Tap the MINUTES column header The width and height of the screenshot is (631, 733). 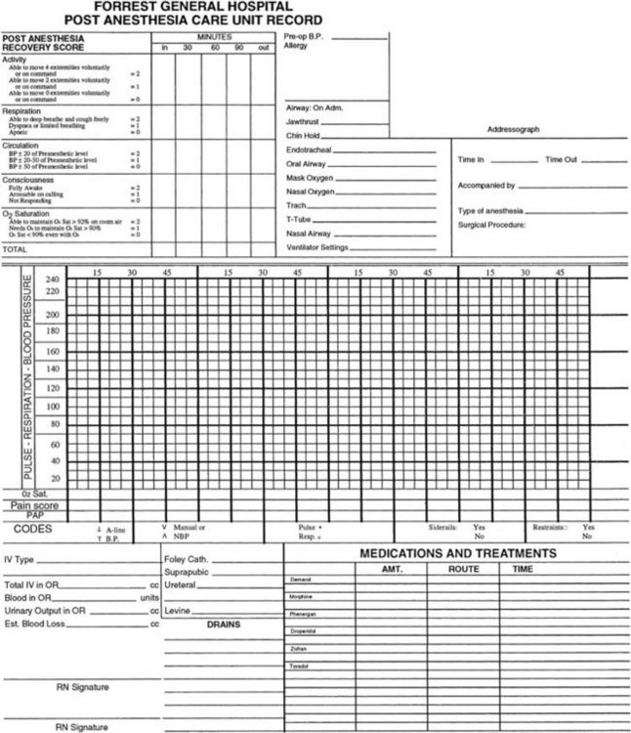click(x=213, y=36)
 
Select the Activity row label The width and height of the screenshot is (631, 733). click(x=15, y=59)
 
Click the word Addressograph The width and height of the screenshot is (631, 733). click(x=514, y=129)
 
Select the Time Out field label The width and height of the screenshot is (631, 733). click(x=561, y=158)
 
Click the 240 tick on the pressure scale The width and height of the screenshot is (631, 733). click(x=53, y=280)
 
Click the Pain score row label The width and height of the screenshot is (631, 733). click(x=34, y=505)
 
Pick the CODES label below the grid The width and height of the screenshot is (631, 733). click(x=33, y=529)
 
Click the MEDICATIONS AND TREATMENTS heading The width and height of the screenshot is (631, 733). click(x=458, y=553)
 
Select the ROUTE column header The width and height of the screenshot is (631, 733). click(x=462, y=568)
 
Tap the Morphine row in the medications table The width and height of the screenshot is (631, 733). click(x=302, y=595)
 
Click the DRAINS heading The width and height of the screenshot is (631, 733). click(x=223, y=623)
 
